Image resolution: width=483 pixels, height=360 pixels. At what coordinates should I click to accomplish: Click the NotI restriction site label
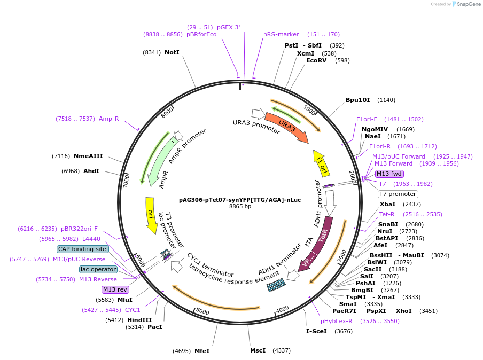pos(172,52)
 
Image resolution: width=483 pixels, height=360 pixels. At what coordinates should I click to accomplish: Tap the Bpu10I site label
pos(358,100)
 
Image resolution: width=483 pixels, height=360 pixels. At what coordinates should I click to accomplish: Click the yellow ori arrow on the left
pos(151,215)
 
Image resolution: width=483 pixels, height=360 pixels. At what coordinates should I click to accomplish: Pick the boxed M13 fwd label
pos(389,174)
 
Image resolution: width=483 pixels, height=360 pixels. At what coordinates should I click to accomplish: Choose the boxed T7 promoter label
pos(398,194)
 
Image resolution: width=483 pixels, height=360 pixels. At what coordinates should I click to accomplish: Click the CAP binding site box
pos(82,249)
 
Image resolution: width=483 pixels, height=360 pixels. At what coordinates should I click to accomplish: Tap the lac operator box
pos(98,269)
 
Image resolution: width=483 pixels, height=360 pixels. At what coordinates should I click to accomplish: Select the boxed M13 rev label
pos(115,289)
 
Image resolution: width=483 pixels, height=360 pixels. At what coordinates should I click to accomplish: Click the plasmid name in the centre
pos(240,200)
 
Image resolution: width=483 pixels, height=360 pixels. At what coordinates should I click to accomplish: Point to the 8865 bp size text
pos(240,206)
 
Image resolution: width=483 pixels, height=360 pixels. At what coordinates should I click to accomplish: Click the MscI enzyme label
pos(258,351)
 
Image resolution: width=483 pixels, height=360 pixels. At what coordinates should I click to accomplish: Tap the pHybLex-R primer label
pos(337,321)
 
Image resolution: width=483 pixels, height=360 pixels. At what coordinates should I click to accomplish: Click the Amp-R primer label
pos(108,119)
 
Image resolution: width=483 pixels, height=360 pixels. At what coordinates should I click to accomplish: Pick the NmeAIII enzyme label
pos(88,156)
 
